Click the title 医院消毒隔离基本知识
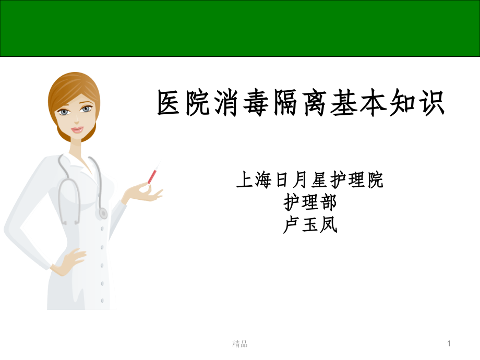tap(301, 103)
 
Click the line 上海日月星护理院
tap(310, 181)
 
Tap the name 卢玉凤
tap(310, 225)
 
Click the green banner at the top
tap(240, 28)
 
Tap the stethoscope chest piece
tap(102, 213)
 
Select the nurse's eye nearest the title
tap(87, 110)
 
